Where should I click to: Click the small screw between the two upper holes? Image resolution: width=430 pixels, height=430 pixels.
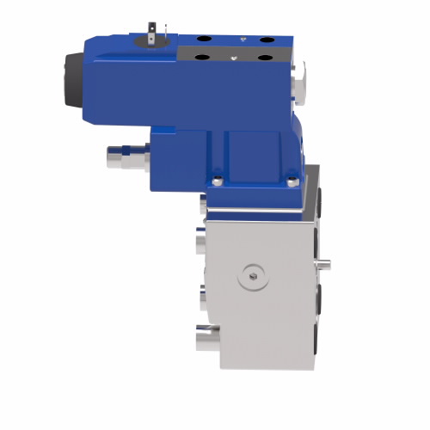[245, 40]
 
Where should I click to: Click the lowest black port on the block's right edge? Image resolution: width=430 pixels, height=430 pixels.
[320, 340]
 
